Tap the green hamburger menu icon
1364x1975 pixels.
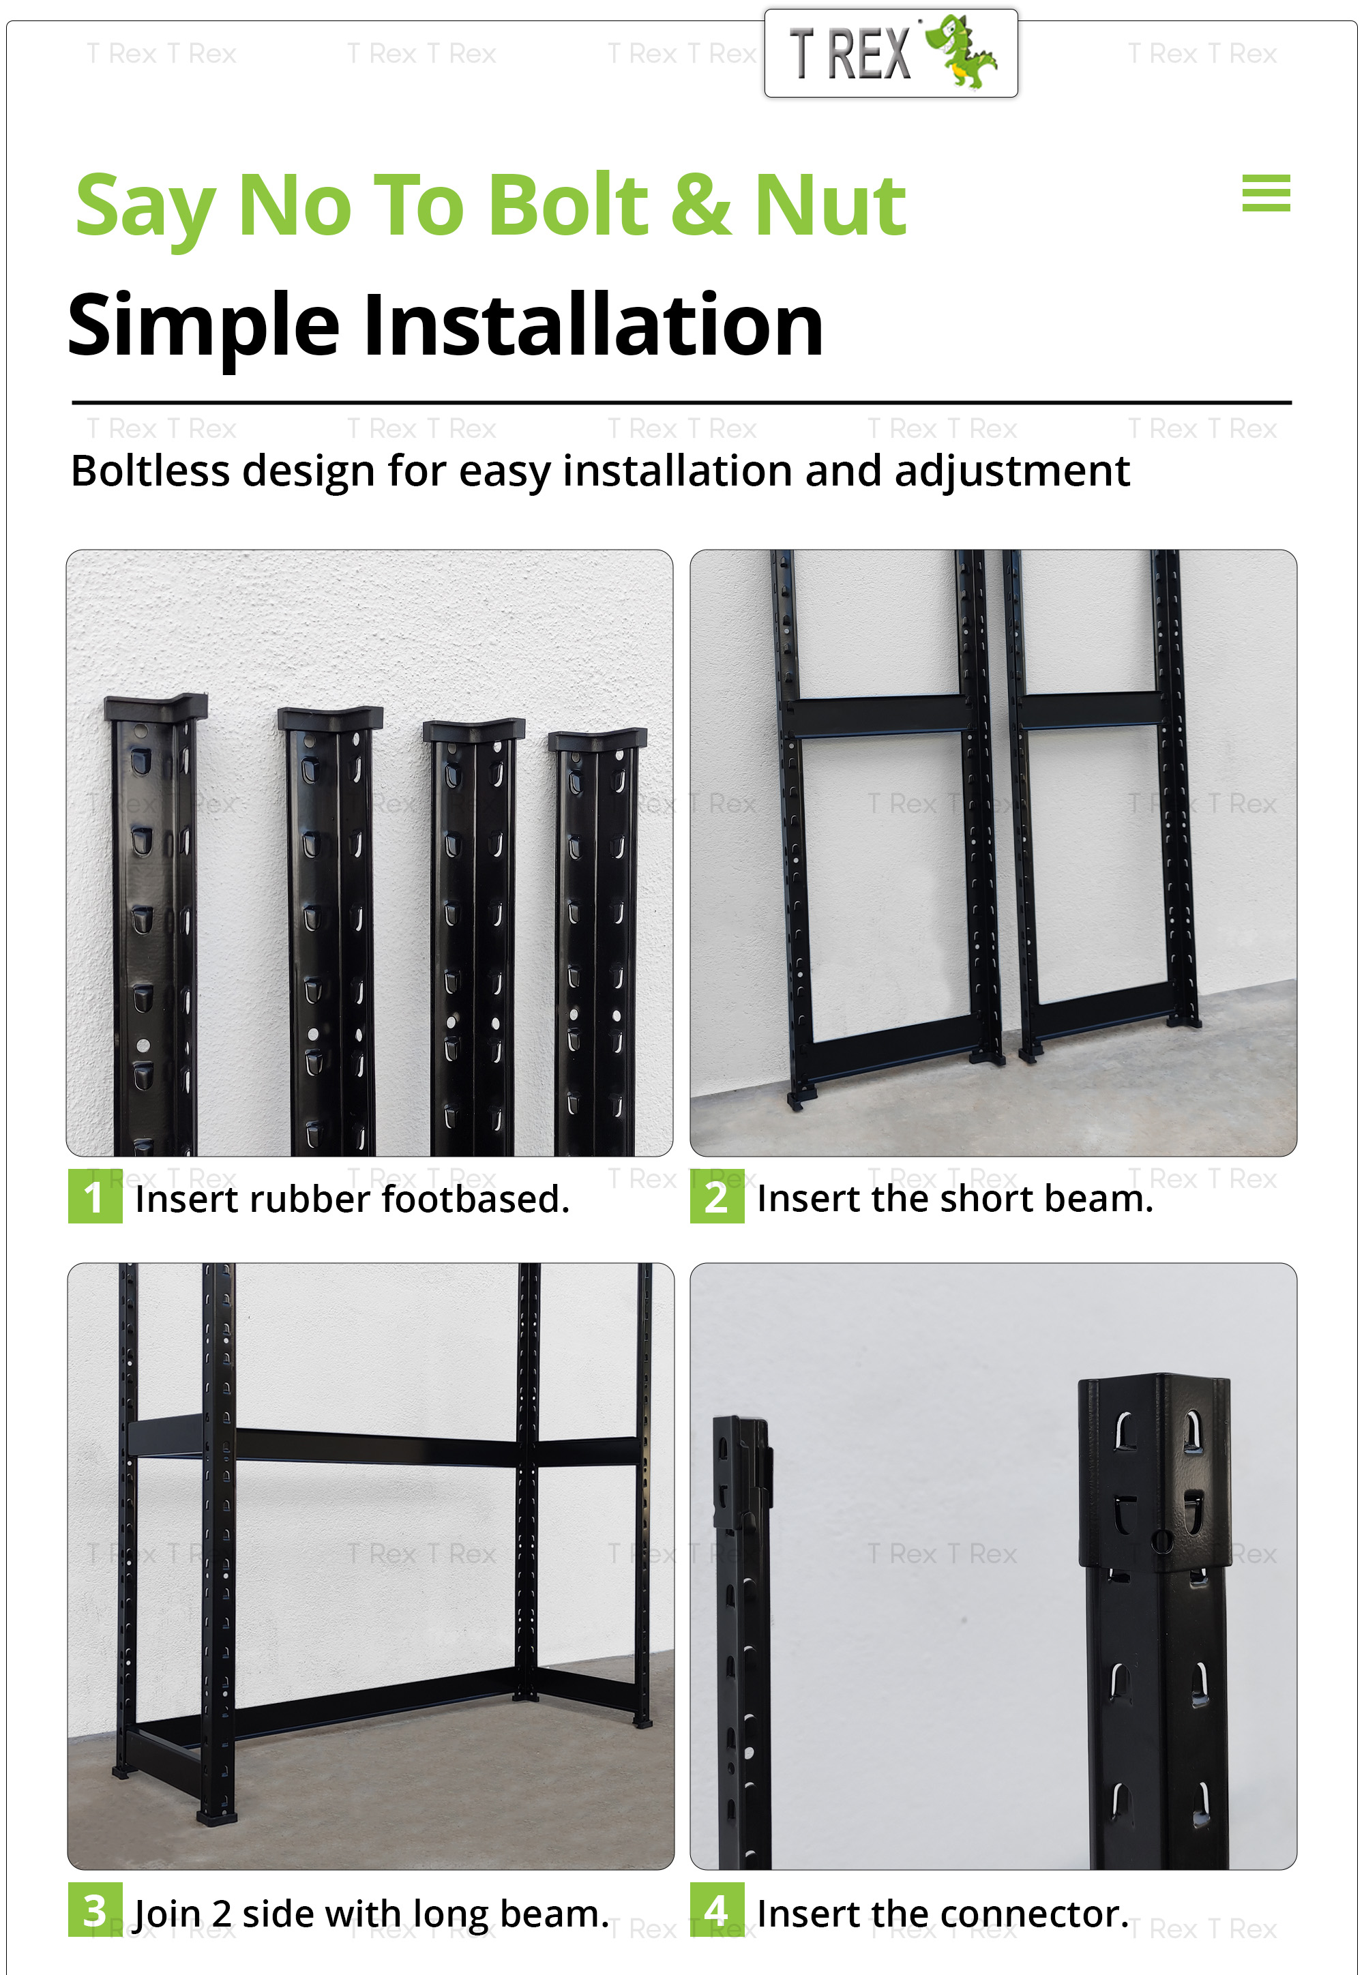[1265, 193]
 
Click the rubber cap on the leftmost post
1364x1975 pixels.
[155, 706]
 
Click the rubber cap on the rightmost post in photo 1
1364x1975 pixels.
[598, 737]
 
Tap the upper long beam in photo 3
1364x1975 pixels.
[376, 1444]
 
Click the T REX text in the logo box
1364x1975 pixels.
[850, 55]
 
